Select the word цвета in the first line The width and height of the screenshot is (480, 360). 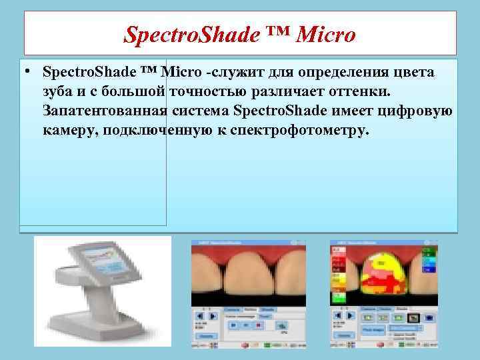[412, 71]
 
